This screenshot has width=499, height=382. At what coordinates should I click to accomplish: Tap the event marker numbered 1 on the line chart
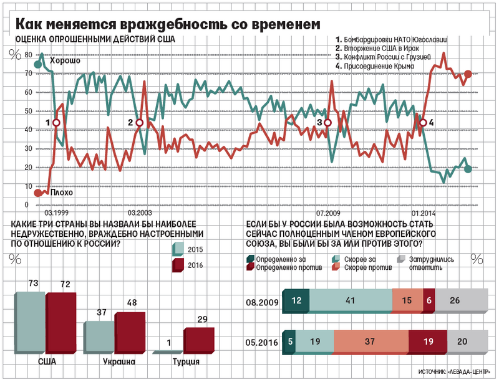pyautogui.click(x=56, y=123)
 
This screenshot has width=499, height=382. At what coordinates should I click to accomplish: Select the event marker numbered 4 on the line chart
pyautogui.click(x=422, y=123)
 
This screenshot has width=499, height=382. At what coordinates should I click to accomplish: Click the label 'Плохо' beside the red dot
pyautogui.click(x=61, y=193)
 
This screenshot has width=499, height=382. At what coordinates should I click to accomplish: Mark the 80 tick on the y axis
pyautogui.click(x=27, y=55)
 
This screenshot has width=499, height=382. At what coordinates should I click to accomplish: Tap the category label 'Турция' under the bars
pyautogui.click(x=186, y=362)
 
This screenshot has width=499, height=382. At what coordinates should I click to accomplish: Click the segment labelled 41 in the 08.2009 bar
pyautogui.click(x=349, y=300)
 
